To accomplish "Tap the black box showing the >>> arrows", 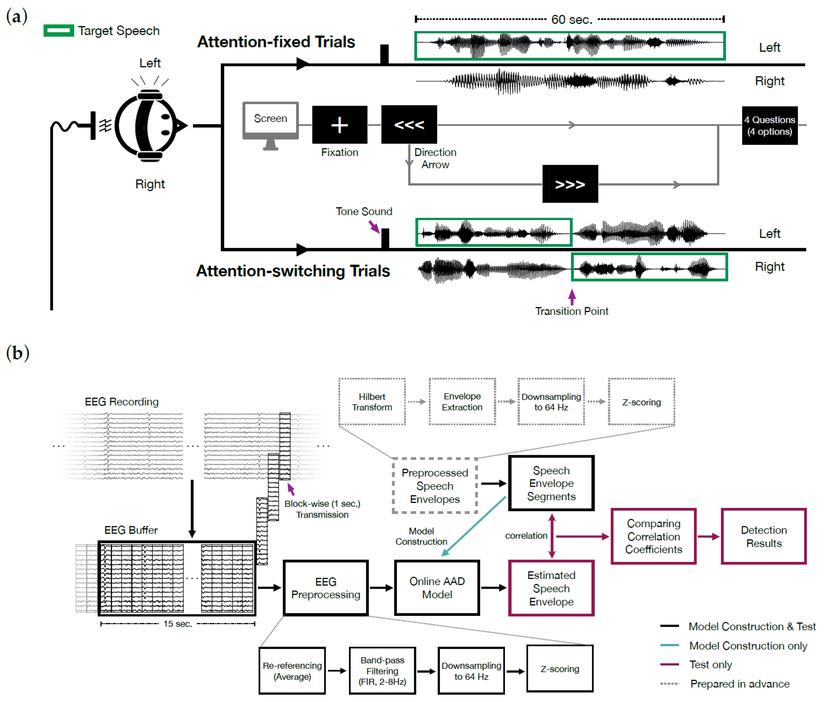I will pyautogui.click(x=570, y=184).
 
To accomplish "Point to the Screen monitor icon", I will pyautogui.click(x=270, y=123).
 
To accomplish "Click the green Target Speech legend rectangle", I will pyautogui.click(x=58, y=31).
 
